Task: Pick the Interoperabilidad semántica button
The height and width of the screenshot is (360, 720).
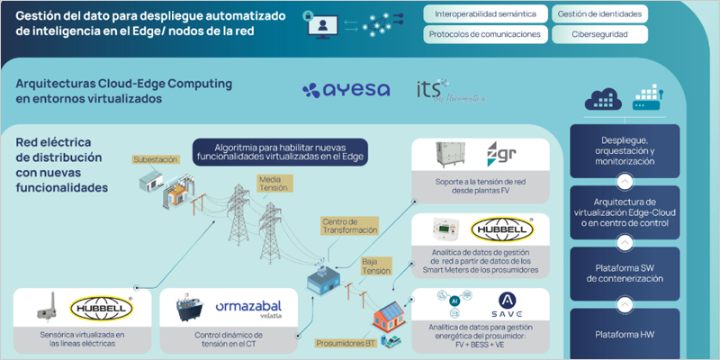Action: tap(485, 14)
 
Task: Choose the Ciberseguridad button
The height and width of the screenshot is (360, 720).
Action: tap(599, 34)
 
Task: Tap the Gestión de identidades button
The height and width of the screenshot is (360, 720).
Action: tap(599, 14)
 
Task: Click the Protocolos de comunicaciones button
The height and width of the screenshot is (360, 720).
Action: tap(485, 34)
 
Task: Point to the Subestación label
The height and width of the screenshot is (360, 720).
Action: tap(155, 159)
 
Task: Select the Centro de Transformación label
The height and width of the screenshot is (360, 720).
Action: tap(345, 225)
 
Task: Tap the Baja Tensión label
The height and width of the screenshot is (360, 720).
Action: tap(376, 265)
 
